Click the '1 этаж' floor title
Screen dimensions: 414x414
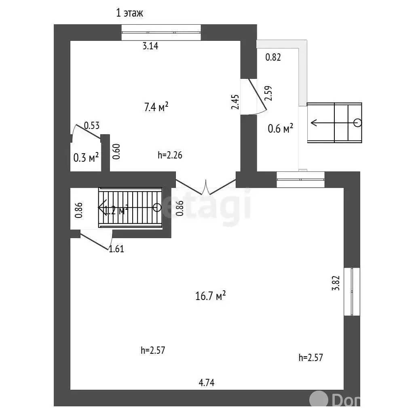coord(129,13)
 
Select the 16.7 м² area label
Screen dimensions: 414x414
coord(210,296)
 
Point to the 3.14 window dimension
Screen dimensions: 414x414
coord(150,46)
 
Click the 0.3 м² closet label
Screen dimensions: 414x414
coord(86,158)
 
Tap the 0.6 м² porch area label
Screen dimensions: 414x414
coord(280,129)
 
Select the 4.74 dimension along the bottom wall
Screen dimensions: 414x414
coord(206,382)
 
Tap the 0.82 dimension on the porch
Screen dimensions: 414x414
coord(273,57)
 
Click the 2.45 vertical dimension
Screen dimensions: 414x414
coord(236,101)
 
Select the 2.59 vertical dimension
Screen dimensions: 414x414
coord(268,94)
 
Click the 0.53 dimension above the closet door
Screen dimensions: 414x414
coord(91,126)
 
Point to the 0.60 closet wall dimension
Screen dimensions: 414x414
coord(116,152)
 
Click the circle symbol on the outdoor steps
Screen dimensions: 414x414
coord(357,123)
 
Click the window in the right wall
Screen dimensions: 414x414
coord(352,291)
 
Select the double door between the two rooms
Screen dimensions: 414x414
coord(206,187)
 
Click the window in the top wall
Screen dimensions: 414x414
coord(161,32)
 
